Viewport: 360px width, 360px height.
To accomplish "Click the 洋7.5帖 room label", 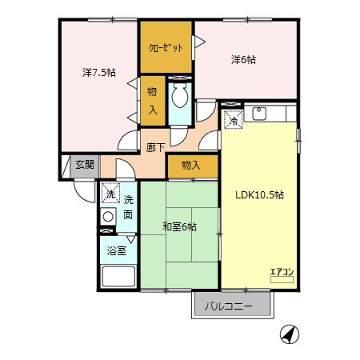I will point(99,73).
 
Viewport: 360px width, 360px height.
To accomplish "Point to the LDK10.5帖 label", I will point(258,194).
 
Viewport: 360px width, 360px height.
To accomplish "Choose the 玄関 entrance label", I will point(84,165).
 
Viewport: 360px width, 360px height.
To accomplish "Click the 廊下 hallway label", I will point(155,147).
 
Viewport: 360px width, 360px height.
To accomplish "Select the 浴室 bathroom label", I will point(117,250).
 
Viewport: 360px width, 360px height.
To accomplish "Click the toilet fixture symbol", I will point(180,98).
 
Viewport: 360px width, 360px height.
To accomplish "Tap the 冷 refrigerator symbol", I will point(233,121).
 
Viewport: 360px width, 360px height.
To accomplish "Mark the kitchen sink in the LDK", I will point(259,114).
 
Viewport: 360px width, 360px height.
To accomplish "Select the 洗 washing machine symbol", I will point(109,193).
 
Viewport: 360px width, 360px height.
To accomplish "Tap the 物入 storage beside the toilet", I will point(151,100).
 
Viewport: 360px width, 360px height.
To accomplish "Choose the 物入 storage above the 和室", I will point(191,166).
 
